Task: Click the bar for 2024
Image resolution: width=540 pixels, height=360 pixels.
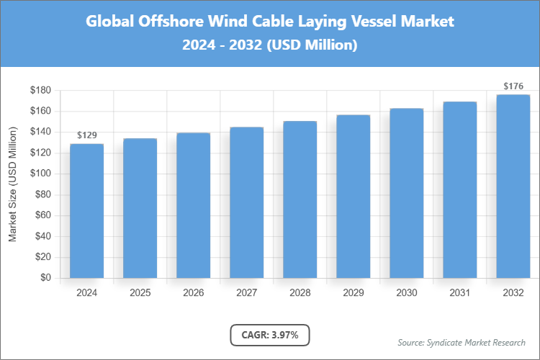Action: [x=86, y=210]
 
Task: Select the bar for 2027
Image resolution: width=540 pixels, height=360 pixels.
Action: [x=246, y=202]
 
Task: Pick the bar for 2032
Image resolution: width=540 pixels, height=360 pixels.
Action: [x=513, y=186]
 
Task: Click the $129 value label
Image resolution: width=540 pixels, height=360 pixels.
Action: [x=86, y=135]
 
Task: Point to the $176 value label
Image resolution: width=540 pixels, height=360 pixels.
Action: [x=513, y=86]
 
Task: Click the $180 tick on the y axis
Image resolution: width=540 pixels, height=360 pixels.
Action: [x=40, y=90]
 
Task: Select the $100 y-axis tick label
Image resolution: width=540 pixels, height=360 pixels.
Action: [x=40, y=174]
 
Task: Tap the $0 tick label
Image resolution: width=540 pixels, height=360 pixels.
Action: [x=45, y=278]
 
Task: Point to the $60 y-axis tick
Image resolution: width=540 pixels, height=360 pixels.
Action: [x=42, y=215]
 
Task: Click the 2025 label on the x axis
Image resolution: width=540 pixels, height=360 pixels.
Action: [x=140, y=293]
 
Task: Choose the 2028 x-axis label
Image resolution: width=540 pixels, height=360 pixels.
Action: [x=300, y=293]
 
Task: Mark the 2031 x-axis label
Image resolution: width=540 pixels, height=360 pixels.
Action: [x=459, y=293]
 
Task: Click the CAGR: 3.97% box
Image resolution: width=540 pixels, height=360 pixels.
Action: [x=269, y=335]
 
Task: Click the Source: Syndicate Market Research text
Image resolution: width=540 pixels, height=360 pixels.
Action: [x=462, y=342]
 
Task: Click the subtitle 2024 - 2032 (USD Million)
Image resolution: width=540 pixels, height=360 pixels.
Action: [x=270, y=45]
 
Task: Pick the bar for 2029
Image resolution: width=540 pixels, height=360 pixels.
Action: [x=353, y=196]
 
